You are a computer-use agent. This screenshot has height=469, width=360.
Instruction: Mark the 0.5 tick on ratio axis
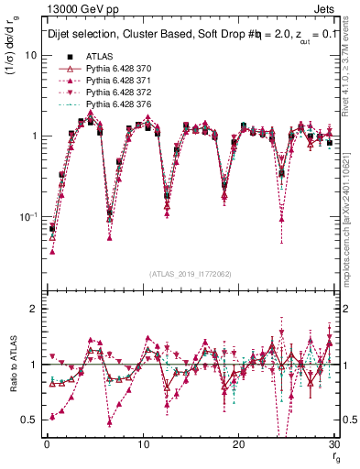click(30, 420)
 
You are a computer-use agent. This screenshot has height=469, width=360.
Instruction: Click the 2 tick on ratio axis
click(34, 310)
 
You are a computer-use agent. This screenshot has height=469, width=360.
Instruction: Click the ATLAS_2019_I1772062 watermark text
click(190, 274)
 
